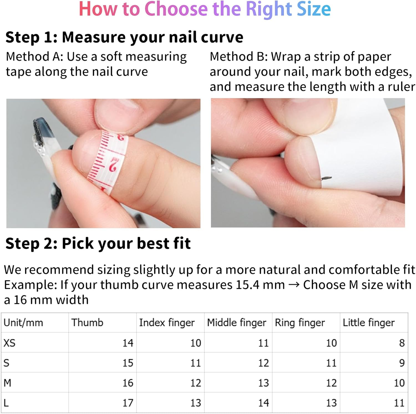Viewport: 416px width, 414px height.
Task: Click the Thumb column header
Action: (x=87, y=323)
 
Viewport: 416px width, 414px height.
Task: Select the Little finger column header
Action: (x=369, y=323)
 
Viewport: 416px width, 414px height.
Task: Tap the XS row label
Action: (x=9, y=343)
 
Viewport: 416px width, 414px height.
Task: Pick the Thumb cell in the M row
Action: (x=128, y=383)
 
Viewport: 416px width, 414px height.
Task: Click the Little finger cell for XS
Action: (x=402, y=343)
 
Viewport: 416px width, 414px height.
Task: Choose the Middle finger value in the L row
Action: (x=263, y=403)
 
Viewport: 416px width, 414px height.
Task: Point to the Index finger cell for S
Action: (x=196, y=363)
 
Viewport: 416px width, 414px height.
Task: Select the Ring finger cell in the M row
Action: (x=331, y=383)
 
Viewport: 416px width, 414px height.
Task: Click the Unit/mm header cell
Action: (x=23, y=323)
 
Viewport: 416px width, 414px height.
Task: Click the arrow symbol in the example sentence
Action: (x=294, y=285)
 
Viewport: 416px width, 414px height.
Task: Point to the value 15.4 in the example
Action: (x=247, y=285)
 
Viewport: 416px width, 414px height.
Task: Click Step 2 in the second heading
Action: (x=31, y=244)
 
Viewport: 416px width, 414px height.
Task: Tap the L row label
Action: (x=6, y=403)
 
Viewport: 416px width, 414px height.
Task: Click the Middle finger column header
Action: (x=236, y=323)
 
